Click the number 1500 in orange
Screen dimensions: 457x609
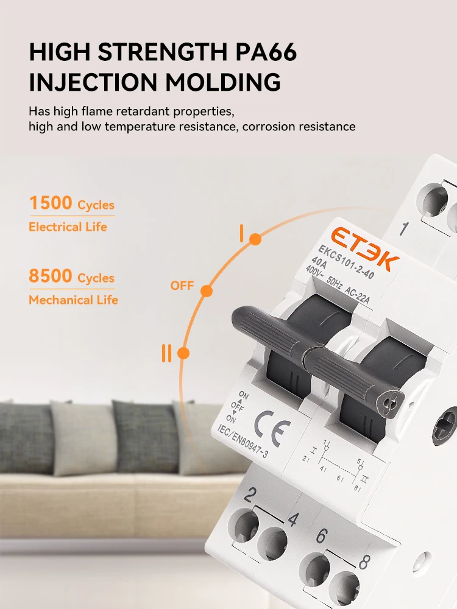pos(51,203)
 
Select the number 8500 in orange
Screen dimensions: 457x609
pos(51,276)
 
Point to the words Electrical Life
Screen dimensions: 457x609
pos(68,227)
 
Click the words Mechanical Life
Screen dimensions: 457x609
pos(73,300)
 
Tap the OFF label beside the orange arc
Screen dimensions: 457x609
pos(182,286)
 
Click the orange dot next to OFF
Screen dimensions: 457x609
pos(207,291)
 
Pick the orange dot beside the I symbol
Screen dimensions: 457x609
pos(255,239)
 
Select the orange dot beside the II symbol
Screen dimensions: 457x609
pos(184,353)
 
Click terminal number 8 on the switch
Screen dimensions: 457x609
pos(364,561)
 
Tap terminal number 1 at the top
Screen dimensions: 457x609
pos(403,229)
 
